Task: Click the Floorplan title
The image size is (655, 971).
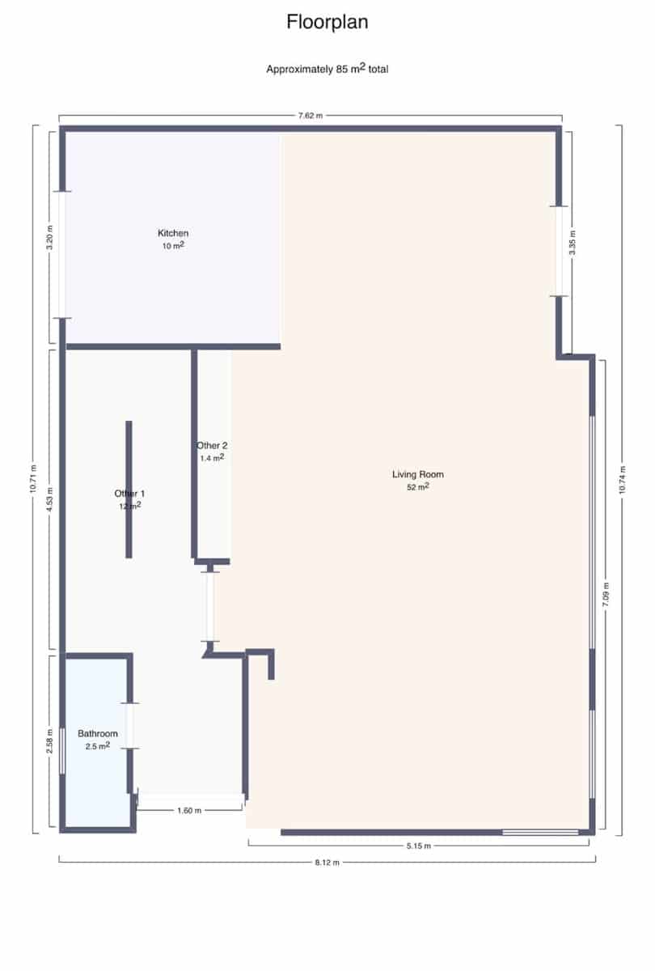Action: coord(327,23)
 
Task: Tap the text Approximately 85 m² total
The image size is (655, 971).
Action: coord(327,70)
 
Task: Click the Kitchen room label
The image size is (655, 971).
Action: coord(173,234)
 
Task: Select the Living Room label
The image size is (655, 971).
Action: coord(418,475)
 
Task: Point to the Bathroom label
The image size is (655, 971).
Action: coord(98,734)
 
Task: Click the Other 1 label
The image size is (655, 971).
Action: coord(129,494)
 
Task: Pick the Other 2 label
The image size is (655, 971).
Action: coord(212,446)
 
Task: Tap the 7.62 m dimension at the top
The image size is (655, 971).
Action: coord(311,117)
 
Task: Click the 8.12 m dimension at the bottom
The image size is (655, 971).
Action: coord(327,863)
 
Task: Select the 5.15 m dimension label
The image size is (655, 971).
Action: coord(418,846)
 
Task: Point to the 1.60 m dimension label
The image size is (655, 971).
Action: coord(189,810)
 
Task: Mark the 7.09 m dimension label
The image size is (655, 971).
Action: coord(606,595)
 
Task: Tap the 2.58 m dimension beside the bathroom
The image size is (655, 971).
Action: coord(50,743)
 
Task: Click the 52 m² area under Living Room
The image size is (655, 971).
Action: coord(418,487)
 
